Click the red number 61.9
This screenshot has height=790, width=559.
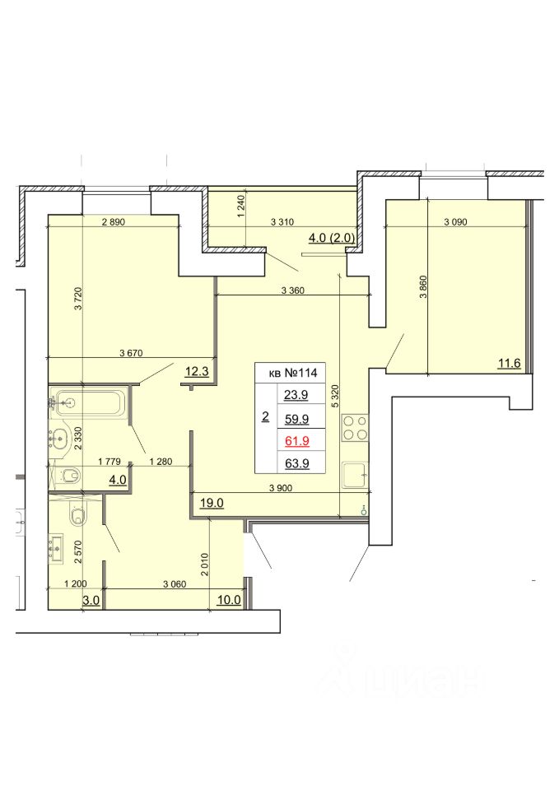[x=297, y=441]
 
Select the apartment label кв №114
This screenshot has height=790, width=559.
[x=293, y=373]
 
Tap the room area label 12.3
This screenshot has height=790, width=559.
[x=197, y=372]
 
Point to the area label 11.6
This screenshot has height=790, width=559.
[x=509, y=363]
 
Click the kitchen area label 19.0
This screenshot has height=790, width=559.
[x=212, y=503]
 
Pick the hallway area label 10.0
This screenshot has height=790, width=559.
[x=229, y=600]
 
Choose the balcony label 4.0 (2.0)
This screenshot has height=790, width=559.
[x=331, y=237]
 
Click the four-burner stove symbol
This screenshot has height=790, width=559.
[x=355, y=428]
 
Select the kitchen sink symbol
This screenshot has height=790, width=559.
[x=355, y=476]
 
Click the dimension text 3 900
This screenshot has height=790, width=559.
[x=281, y=488]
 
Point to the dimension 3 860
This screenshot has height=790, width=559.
[x=423, y=286]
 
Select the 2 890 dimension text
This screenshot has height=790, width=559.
[x=113, y=221]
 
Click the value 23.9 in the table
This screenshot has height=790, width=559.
[x=296, y=394]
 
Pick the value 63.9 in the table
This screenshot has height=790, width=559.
[x=297, y=463]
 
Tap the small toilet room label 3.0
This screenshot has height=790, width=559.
[x=91, y=600]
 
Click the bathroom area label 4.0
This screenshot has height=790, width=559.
[x=118, y=480]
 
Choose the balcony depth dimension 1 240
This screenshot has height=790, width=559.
[x=241, y=207]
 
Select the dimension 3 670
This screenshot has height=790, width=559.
[x=131, y=353]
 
